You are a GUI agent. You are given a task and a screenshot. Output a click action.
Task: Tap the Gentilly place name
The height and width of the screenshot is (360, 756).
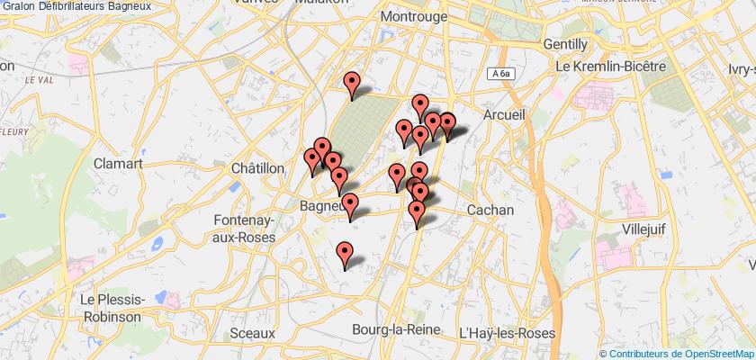(566, 43)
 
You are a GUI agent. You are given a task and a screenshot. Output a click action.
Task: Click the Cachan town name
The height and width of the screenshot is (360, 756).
(490, 209)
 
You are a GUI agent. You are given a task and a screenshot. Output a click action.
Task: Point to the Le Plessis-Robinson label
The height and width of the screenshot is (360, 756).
(110, 308)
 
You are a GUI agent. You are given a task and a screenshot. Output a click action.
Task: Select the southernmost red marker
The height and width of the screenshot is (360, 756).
(345, 255)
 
